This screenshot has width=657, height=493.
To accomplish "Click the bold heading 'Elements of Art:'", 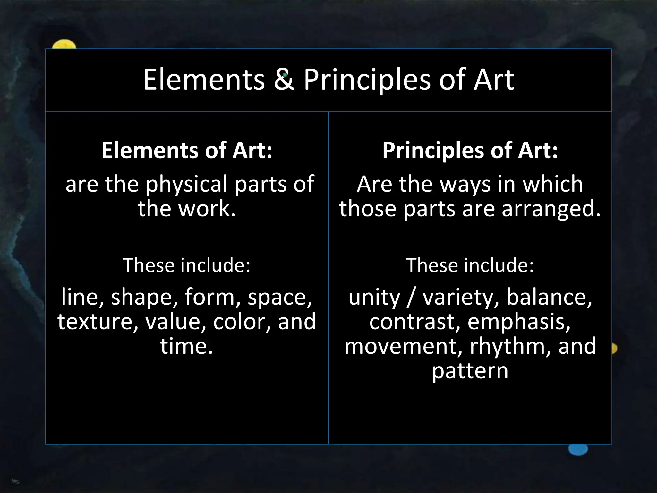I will pyautogui.click(x=187, y=150).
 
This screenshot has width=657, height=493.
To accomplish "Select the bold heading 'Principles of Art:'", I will pyautogui.click(x=470, y=150).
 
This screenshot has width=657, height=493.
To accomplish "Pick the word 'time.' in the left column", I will pyautogui.click(x=187, y=346).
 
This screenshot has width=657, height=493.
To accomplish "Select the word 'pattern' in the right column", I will pyautogui.click(x=470, y=371).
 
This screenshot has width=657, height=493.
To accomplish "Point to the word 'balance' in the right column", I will pyautogui.click(x=549, y=297).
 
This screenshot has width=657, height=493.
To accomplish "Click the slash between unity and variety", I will pyautogui.click(x=412, y=297).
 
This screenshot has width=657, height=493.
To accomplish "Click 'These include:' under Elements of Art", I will pyautogui.click(x=187, y=265).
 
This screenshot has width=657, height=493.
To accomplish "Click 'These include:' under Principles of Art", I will pyautogui.click(x=470, y=265).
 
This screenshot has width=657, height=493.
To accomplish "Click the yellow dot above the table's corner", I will pyautogui.click(x=64, y=45).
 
